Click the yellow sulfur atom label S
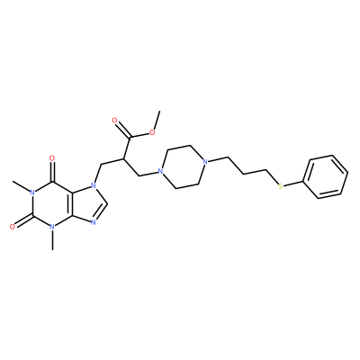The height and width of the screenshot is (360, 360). pos(281,187)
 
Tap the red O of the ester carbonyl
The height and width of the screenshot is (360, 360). pos(114,121)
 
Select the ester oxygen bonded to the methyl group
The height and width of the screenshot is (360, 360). pos(152,132)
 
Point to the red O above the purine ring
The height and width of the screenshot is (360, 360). pos(52,158)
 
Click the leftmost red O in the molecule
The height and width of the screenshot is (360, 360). pos(12,227)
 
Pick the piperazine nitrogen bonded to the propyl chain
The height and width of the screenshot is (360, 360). pos(205,163)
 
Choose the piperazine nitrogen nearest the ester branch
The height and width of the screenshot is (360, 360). pos(160,172)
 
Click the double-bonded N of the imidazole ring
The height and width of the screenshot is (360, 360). pos(93,223)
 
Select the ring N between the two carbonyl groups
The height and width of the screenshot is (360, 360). pos(32,193)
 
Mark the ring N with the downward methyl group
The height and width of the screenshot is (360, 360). pos(52,227)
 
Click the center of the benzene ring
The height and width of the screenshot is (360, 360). pos(326,177)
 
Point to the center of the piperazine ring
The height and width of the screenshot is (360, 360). pos(183,167)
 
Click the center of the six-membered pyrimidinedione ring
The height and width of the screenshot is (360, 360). pos(52,204)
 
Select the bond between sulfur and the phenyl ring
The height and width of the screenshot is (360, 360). pos(293,184)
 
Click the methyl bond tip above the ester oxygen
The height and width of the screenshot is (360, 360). pos(160,112)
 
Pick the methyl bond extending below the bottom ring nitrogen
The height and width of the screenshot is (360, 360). pos(53,240)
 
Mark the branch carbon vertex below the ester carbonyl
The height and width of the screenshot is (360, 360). pos(122,158)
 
